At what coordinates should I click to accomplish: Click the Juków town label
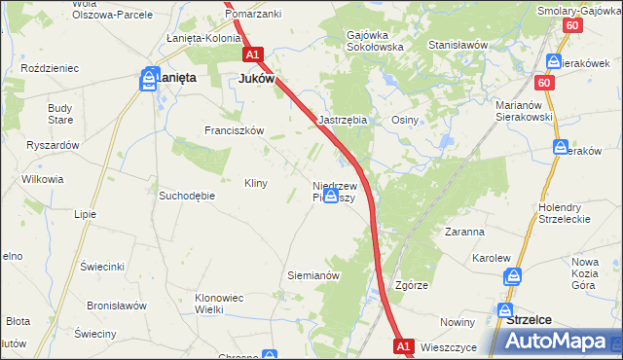tap(257, 80)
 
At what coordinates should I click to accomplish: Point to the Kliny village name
tap(255, 183)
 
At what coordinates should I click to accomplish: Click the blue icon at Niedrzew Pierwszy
tap(331, 196)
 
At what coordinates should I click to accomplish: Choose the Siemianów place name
tap(312, 275)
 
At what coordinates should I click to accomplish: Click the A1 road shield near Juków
tap(253, 55)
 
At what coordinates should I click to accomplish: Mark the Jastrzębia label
tap(343, 120)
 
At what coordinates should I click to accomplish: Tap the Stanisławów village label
tap(458, 45)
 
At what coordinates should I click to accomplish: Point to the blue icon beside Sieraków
tap(561, 147)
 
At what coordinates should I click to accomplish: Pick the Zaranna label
tap(464, 233)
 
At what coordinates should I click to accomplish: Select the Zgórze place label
tap(412, 286)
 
